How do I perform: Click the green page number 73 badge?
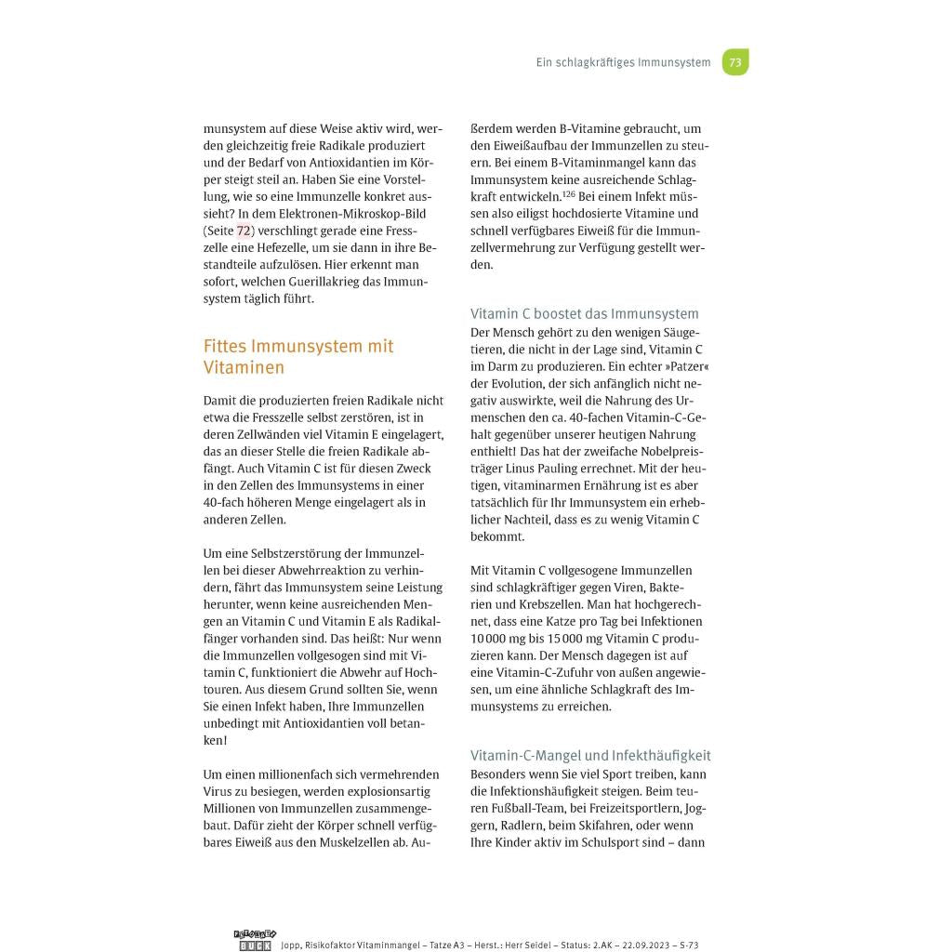735,62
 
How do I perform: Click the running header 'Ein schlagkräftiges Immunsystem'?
623,63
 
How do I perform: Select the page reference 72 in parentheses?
244,231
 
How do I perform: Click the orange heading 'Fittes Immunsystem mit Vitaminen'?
298,356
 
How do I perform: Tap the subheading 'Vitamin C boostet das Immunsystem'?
585,314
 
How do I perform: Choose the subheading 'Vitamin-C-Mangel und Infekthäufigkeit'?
590,756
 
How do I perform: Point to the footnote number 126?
569,194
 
